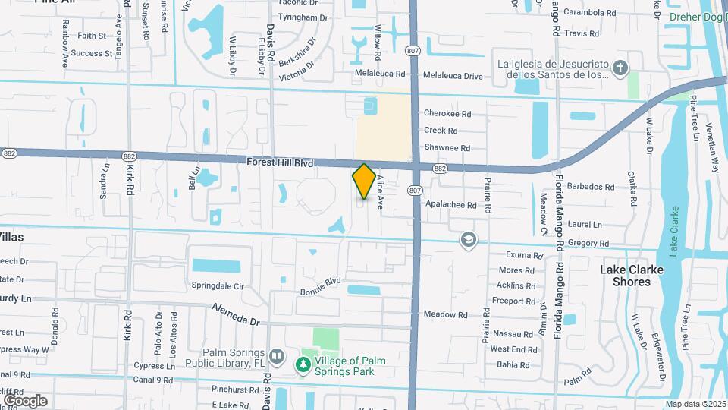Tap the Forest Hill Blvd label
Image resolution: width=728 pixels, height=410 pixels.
point(281,162)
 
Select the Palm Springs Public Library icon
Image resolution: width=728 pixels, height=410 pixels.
point(277,356)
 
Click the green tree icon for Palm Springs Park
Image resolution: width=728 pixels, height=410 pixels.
point(303,366)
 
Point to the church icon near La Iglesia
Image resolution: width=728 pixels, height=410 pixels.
point(620,68)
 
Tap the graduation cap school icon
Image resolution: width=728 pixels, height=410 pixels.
point(468,240)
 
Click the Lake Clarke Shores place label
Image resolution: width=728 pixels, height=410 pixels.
point(631,276)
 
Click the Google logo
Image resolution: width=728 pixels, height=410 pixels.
point(25,400)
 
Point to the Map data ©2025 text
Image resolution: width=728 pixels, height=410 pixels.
point(696,404)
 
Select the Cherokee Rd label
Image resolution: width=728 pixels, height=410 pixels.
point(447,114)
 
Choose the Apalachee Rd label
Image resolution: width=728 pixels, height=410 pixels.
point(450,205)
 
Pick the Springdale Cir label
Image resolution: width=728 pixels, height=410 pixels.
point(218,286)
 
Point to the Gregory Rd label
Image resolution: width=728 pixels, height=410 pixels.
point(588,244)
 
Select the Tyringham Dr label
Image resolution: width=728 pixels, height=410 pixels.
point(304,17)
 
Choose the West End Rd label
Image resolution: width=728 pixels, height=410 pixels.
point(513,349)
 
